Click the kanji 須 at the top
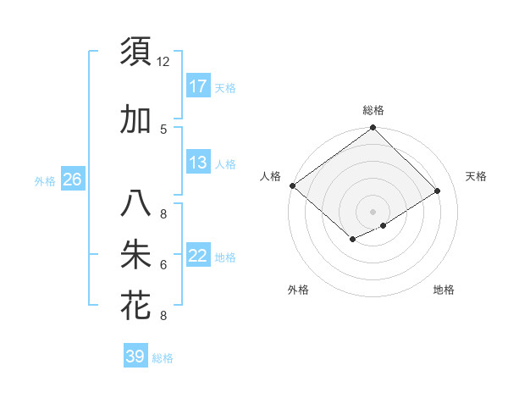[135, 53]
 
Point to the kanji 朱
[135, 255]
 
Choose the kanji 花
[135, 305]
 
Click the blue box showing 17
[198, 86]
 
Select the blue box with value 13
[198, 163]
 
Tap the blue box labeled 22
[198, 256]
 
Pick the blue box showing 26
[73, 180]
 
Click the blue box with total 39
[135, 357]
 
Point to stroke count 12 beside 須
[163, 62]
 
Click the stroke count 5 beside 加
[163, 129]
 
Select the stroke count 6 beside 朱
[163, 265]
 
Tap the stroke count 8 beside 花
[163, 316]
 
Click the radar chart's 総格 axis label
[373, 110]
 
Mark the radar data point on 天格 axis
[438, 191]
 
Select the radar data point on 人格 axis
[292, 185]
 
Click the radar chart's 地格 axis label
[444, 290]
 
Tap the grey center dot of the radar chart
[373, 211]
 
